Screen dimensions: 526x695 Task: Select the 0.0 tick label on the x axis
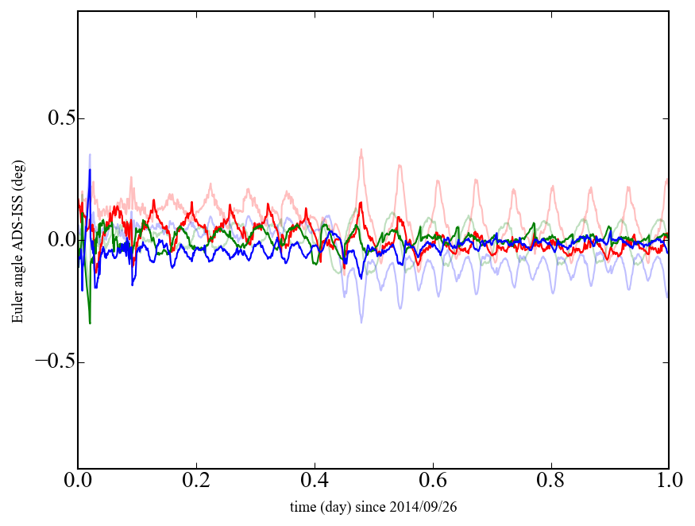(x=78, y=482)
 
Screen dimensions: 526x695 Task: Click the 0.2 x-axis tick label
(x=196, y=482)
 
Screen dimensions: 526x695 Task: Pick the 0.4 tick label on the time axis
(x=315, y=482)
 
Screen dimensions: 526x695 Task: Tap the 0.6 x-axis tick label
(x=433, y=482)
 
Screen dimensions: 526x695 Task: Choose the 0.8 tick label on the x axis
(x=550, y=482)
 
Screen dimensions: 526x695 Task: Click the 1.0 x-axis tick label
(x=668, y=482)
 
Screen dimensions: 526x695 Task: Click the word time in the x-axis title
(x=303, y=506)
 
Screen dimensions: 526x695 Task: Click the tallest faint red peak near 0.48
(x=361, y=149)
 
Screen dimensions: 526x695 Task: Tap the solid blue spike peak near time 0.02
(x=90, y=170)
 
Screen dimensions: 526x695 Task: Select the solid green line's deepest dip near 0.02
(x=90, y=323)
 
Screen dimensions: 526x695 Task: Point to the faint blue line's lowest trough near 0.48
(x=361, y=322)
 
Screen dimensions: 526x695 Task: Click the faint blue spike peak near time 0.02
(x=90, y=155)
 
